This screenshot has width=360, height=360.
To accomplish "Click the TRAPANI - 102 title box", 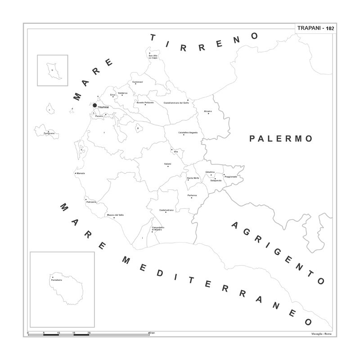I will click(x=315, y=28).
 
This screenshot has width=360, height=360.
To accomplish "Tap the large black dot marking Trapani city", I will click(x=94, y=105).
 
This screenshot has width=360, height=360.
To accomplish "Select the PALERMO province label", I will click(x=281, y=139).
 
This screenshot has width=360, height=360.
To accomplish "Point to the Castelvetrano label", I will click(x=166, y=210).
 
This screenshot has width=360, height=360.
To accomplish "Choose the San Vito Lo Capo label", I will click(x=153, y=56).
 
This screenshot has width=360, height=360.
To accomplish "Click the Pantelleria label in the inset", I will click(x=56, y=280).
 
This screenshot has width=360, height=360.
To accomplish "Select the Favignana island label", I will click(x=49, y=134).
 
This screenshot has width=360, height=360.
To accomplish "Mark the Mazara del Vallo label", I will click(x=115, y=215).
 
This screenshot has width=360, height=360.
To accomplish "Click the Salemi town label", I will click(x=168, y=164).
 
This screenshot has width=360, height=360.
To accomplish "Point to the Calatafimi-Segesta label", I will click(x=188, y=133).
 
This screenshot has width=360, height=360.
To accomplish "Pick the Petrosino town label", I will click(x=92, y=202).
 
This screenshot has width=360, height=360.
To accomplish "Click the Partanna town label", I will click(x=193, y=195).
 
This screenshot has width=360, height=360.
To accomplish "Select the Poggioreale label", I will click(x=230, y=176).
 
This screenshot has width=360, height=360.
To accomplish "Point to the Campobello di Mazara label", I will click(x=157, y=229).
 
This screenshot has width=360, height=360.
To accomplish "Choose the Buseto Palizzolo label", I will click(x=145, y=103).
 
